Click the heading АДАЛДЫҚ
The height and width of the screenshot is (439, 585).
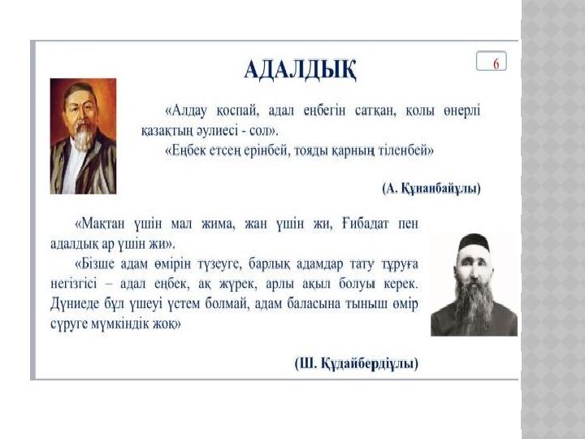pos(301,69)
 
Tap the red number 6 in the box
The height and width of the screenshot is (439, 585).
pos(496,64)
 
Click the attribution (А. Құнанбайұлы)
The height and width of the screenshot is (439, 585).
pos(431,188)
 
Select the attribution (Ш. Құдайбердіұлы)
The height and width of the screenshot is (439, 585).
pos(357,363)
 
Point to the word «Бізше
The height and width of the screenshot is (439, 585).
pos(95,264)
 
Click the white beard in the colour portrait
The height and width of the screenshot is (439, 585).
pos(84,137)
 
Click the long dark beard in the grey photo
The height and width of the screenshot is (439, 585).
pos(473,306)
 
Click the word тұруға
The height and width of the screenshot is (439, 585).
pos(399,264)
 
